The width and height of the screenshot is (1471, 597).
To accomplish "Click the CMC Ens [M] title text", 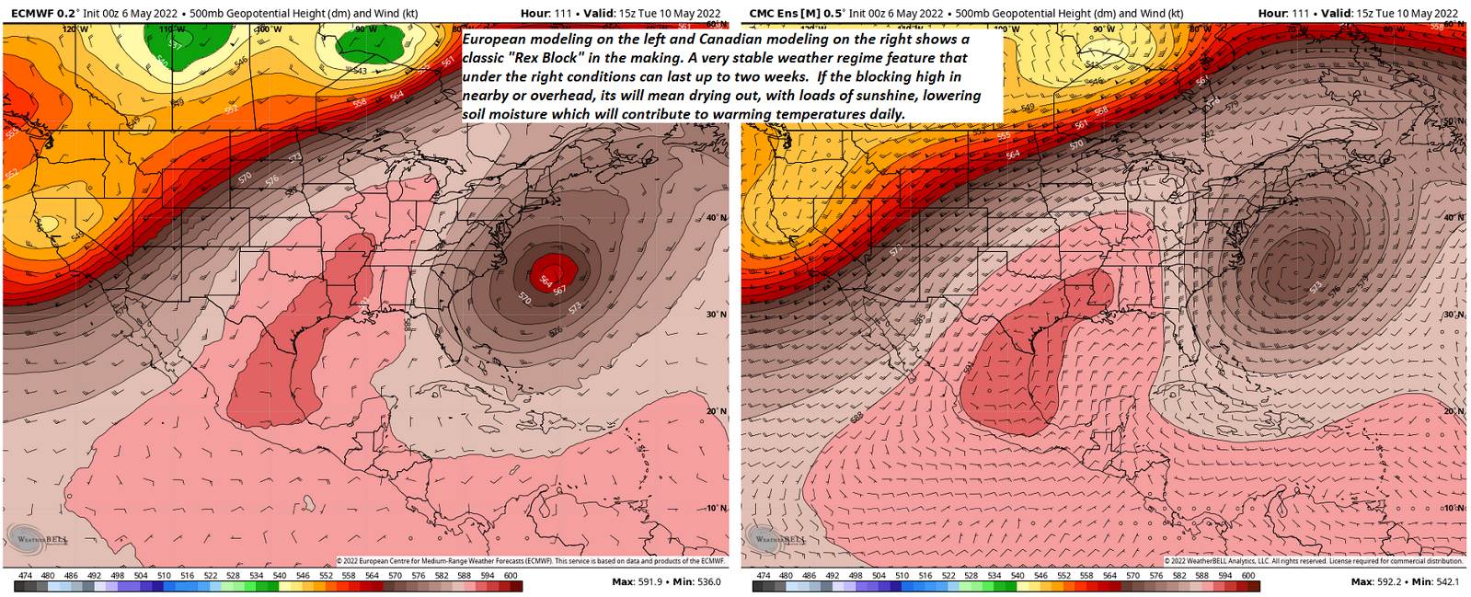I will [x=788, y=13].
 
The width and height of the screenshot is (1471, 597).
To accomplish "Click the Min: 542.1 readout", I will [x=1435, y=581].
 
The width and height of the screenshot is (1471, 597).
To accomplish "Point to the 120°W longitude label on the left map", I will [x=75, y=29].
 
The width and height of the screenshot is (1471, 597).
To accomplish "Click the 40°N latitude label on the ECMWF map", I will [x=716, y=218].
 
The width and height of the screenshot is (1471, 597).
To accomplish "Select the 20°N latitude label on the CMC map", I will [x=1454, y=411].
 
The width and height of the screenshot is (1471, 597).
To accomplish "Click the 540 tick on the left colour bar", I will [x=279, y=576].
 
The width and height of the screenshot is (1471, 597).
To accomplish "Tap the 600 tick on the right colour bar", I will [x=1248, y=576].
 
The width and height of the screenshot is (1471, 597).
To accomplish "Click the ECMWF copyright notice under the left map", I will [x=531, y=560].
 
